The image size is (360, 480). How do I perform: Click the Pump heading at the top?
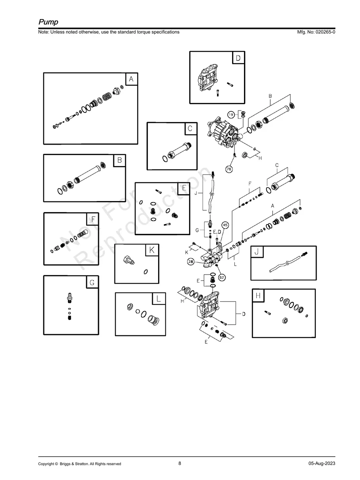click(x=48, y=21)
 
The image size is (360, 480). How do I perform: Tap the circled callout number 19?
click(x=231, y=114)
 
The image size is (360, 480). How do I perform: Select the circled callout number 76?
click(x=229, y=169)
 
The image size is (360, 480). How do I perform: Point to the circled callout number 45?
click(x=225, y=225)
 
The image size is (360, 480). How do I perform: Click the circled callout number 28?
click(x=191, y=261)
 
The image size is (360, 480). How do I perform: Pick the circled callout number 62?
click(x=221, y=277)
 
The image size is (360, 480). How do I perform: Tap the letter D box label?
click(x=238, y=58)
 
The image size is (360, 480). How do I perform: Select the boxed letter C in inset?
click(x=190, y=129)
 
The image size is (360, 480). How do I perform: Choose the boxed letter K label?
click(x=151, y=250)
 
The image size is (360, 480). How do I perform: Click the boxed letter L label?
click(x=158, y=299)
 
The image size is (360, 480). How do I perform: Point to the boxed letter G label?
click(x=92, y=283)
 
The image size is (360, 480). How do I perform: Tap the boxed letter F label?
click(x=93, y=219)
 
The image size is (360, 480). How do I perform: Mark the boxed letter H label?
click(x=258, y=296)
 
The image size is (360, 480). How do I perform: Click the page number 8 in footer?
click(x=180, y=463)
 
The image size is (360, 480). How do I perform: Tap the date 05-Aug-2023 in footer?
click(x=321, y=464)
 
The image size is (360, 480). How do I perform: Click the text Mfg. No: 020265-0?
click(x=314, y=32)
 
